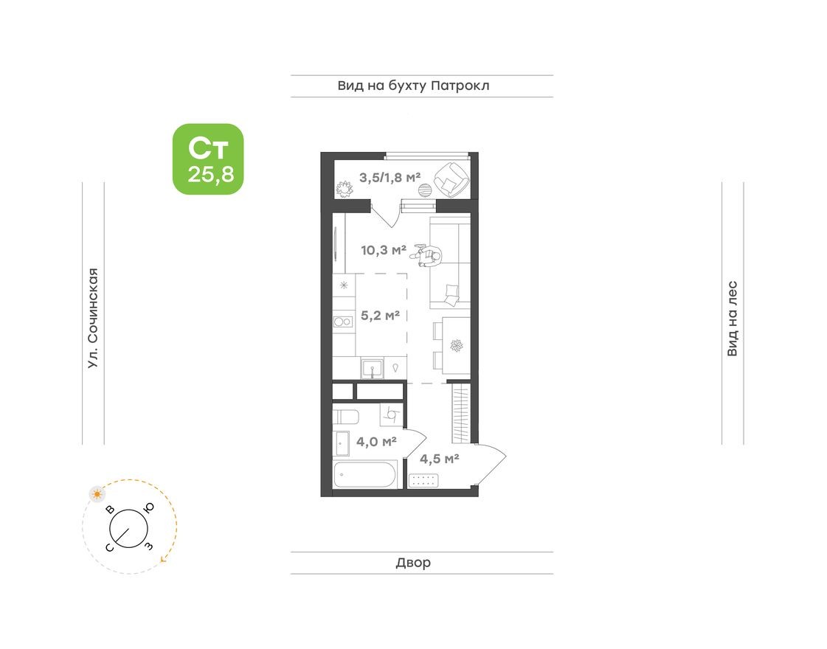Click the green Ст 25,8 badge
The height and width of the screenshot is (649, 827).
208,159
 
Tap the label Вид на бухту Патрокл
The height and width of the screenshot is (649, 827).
413,86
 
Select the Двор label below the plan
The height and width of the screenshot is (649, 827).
413,563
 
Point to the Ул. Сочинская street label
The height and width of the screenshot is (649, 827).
92,317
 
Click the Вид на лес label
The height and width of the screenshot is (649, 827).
732,319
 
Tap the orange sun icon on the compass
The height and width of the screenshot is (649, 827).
96,493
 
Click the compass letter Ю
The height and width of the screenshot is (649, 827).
148,507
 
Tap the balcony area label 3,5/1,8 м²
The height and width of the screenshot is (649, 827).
390,177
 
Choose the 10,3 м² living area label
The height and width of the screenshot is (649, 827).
384,250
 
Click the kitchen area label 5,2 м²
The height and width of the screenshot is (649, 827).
380,316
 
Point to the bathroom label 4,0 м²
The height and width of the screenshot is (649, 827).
377,442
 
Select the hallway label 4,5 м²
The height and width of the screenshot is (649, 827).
440,459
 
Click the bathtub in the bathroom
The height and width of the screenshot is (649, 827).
365,474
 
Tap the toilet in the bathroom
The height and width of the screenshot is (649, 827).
345,417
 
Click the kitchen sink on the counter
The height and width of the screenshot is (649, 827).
373,367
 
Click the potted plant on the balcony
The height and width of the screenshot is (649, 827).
343,189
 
